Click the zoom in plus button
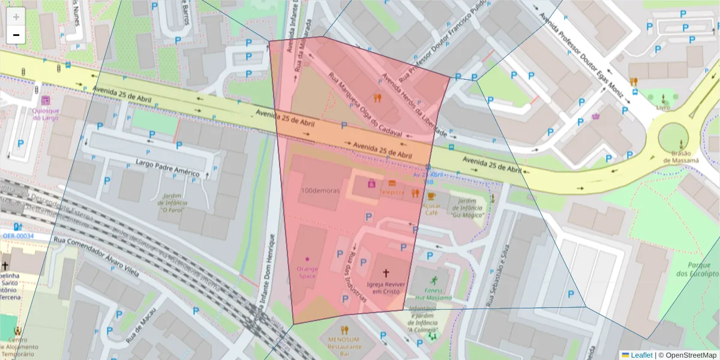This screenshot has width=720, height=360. click(16, 16)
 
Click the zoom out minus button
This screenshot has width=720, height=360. click(16, 35)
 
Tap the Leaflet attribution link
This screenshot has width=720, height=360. click(641, 355)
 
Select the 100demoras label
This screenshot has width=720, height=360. click(320, 190)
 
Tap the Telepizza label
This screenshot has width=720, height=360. click(391, 193)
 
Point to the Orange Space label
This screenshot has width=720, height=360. click(307, 272)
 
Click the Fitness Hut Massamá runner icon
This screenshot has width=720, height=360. click(434, 280)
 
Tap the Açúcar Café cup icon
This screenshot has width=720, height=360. click(431, 196)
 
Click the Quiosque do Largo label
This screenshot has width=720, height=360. click(46, 114)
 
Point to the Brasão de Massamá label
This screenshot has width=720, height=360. click(681, 157)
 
